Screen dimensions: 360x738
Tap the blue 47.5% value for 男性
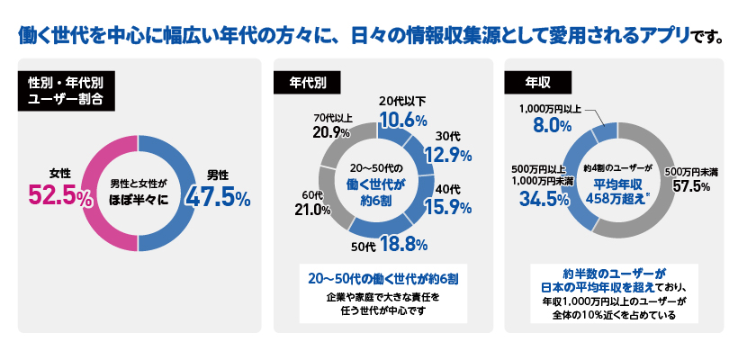(217, 195)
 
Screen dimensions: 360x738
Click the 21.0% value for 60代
(308, 210)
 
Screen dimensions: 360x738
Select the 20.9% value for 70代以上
(331, 132)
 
